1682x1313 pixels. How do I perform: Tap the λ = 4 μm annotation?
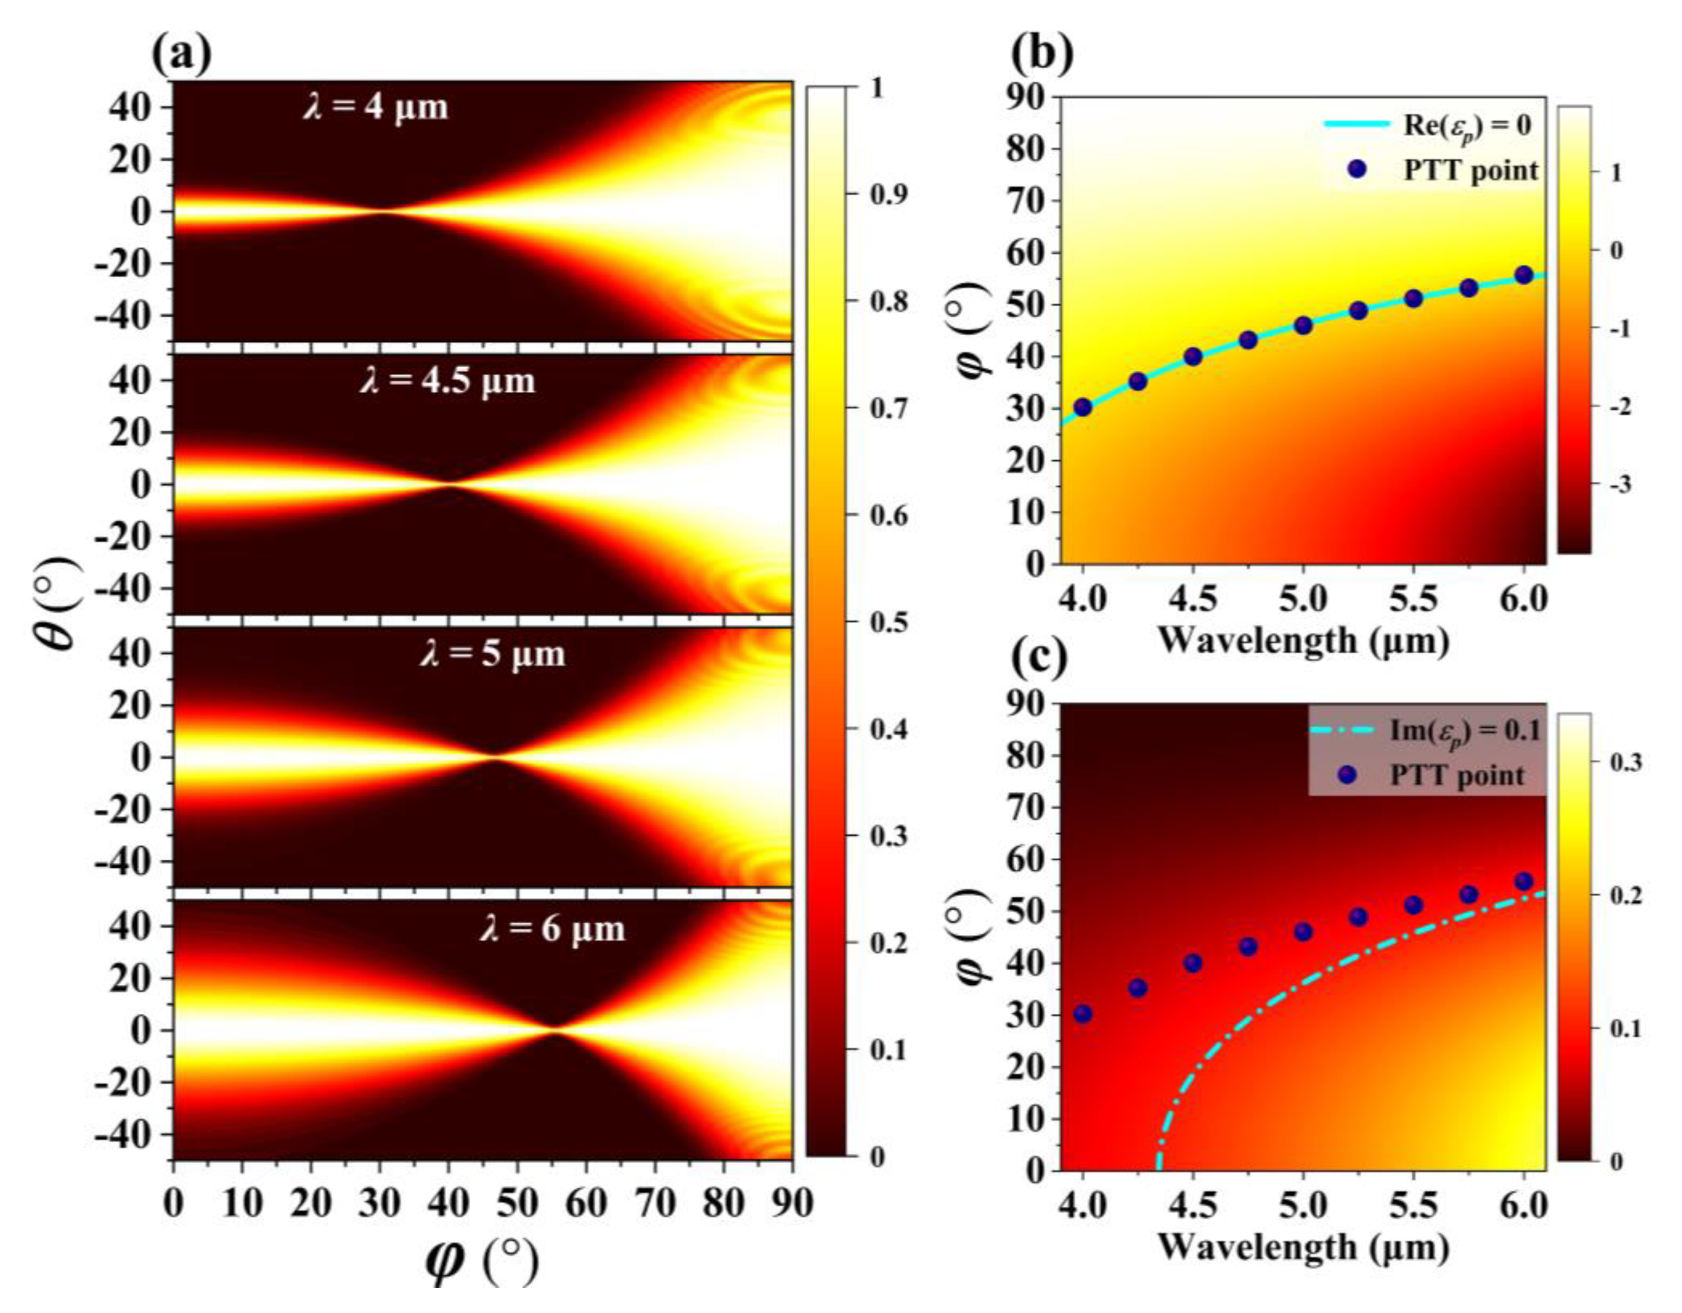click(374, 106)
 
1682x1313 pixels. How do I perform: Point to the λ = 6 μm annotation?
click(552, 928)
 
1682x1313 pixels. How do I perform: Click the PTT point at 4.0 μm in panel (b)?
click(1083, 407)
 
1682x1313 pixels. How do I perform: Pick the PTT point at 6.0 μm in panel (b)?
click(1523, 275)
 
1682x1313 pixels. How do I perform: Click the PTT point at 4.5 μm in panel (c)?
click(1193, 963)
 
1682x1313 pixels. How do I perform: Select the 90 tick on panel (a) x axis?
click(791, 1203)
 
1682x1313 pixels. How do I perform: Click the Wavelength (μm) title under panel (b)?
click(1303, 640)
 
